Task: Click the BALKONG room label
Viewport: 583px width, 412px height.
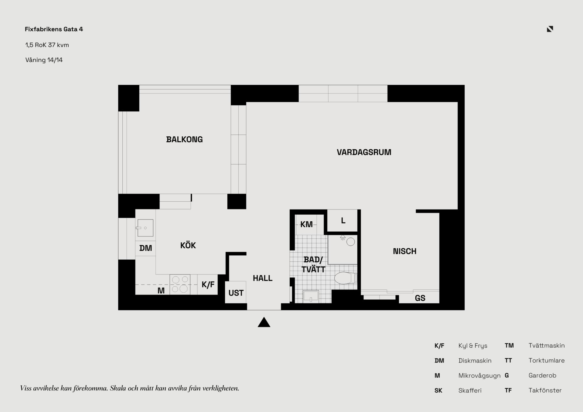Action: tap(184, 139)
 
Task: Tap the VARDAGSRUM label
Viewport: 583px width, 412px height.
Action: tap(364, 152)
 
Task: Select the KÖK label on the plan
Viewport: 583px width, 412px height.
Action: tap(188, 245)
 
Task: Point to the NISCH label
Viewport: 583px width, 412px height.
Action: tap(404, 251)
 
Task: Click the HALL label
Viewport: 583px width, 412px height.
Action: tap(263, 278)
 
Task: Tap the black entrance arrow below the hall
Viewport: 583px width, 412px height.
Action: tap(264, 322)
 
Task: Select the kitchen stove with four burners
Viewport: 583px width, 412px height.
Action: tap(180, 284)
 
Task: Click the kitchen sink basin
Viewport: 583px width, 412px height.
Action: tap(145, 228)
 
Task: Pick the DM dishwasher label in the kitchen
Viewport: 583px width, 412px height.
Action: tap(145, 248)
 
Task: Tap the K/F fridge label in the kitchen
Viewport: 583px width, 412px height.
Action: tap(208, 284)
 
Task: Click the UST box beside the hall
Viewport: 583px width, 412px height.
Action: tap(236, 292)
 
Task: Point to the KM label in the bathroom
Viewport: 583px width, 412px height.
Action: tap(306, 224)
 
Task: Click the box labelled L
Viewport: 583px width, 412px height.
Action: tap(342, 220)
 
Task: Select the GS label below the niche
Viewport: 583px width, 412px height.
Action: tap(420, 298)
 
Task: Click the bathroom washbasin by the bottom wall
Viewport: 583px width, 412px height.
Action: tap(311, 296)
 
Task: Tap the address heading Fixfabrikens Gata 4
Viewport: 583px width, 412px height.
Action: tap(54, 29)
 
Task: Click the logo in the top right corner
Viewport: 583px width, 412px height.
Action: tap(550, 29)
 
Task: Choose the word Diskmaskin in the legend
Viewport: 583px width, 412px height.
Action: tap(475, 360)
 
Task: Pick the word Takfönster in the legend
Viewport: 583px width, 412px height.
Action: tap(545, 390)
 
